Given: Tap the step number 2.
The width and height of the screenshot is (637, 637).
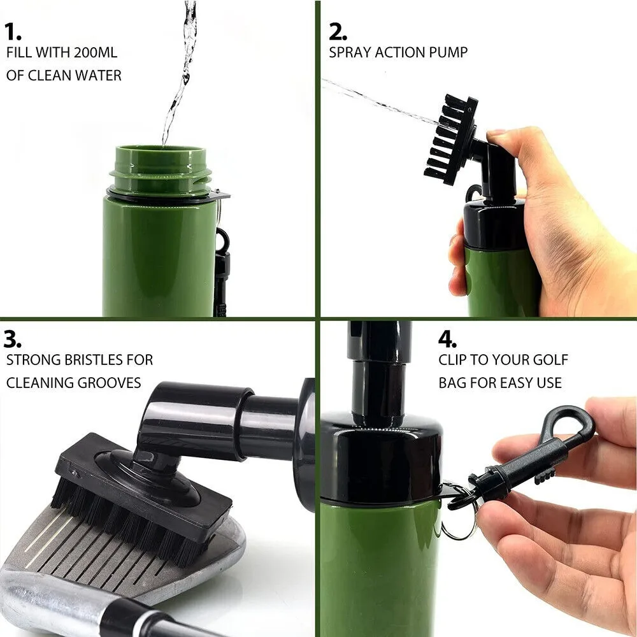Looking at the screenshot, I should [338, 31].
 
